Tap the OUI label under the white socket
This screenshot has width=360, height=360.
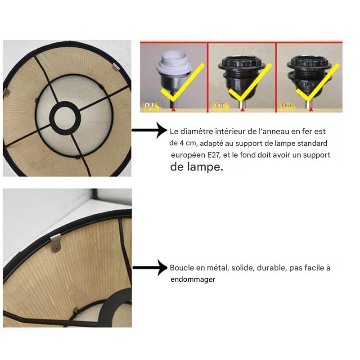click(x=150, y=105)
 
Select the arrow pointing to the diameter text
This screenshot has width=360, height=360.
click(x=149, y=130)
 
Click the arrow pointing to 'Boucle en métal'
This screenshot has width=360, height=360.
click(x=150, y=267)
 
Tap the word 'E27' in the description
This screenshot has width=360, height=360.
click(x=214, y=155)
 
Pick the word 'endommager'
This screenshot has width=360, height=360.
click(x=193, y=279)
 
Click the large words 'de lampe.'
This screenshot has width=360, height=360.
click(x=197, y=166)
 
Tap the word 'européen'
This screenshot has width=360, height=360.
click(x=188, y=155)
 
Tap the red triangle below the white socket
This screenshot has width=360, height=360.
click(x=174, y=110)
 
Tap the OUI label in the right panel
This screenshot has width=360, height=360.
click(x=286, y=105)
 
